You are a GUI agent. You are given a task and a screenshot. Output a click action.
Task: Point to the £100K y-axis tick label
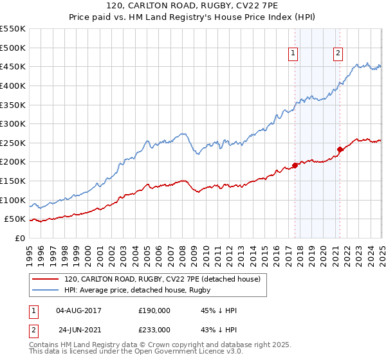pyautogui.click(x=14, y=200)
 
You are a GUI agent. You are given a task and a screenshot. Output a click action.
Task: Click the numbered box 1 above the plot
pyautogui.click(x=293, y=54)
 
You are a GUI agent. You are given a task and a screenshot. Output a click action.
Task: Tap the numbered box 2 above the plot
pyautogui.click(x=338, y=54)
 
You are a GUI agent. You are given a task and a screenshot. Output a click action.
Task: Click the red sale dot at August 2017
pyautogui.click(x=295, y=165)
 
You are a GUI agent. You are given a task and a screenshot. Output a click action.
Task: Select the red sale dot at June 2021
pyautogui.click(x=340, y=149)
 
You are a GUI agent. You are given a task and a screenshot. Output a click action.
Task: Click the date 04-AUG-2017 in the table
pyautogui.click(x=79, y=310)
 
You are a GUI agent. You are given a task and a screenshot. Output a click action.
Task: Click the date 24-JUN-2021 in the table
pyautogui.click(x=79, y=328)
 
